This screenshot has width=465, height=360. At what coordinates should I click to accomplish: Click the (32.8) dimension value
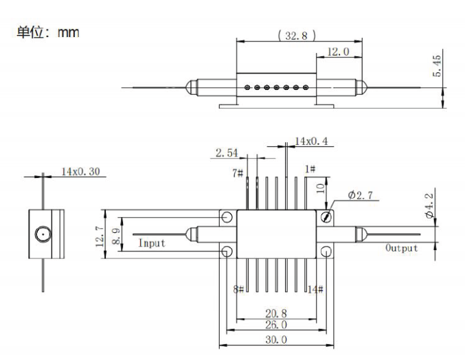(296, 36)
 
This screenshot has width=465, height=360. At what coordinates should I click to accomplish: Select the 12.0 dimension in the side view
(337, 52)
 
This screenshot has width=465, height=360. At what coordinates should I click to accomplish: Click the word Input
(152, 243)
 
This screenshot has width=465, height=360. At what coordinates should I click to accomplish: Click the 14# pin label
(315, 289)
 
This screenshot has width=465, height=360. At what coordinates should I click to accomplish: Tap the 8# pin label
(238, 289)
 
